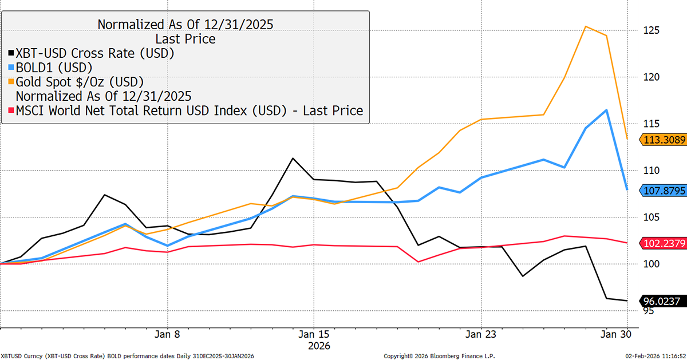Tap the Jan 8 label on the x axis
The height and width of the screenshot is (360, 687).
[x=168, y=334]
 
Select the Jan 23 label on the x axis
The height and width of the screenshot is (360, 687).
[x=481, y=334]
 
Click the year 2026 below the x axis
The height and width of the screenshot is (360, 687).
[x=319, y=346]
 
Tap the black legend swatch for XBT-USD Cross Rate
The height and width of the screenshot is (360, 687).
[x=11, y=54]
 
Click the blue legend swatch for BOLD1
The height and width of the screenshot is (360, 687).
[x=11, y=68]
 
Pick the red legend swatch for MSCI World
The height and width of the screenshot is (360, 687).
[x=11, y=110]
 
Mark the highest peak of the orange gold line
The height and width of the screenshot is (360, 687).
[x=586, y=26]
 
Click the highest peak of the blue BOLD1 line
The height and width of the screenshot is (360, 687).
[x=606, y=110]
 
